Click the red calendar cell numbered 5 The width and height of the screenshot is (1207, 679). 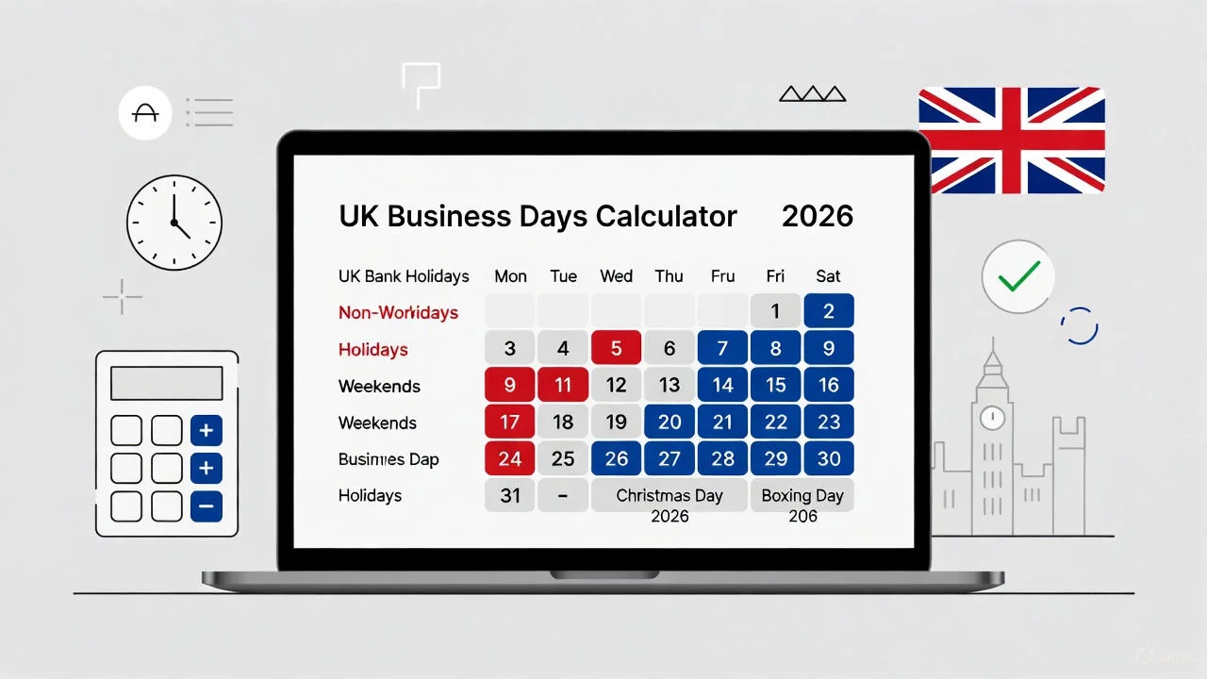tap(616, 348)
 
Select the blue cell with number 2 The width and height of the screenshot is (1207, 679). tap(829, 311)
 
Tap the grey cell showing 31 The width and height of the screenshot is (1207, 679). tap(510, 495)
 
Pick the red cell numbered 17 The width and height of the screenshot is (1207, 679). tap(510, 422)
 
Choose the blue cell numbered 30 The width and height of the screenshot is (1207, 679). tap(829, 458)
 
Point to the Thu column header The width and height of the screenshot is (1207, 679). tap(670, 276)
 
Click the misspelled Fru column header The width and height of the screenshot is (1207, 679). tap(722, 276)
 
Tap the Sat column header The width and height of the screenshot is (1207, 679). tap(828, 276)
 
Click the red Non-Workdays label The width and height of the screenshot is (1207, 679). tap(398, 312)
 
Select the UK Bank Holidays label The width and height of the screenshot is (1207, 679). tap(404, 276)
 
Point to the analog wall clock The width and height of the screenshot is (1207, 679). tap(174, 223)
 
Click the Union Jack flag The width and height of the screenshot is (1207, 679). tap(1012, 141)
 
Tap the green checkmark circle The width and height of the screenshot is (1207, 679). tap(1017, 276)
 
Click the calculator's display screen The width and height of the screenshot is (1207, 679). tap(167, 384)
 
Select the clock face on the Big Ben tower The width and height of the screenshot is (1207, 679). tap(991, 417)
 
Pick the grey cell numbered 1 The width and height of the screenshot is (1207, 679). tap(775, 311)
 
